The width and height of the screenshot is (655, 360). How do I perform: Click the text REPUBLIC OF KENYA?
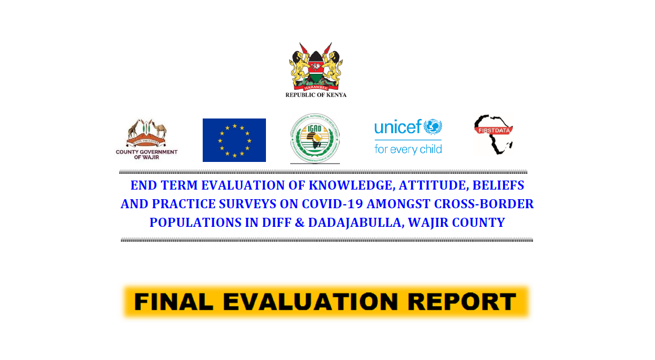coord(316,95)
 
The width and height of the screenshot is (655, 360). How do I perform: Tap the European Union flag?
coord(234,140)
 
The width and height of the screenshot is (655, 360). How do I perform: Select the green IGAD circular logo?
coord(315,138)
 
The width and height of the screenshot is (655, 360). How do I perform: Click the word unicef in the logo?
coord(398,128)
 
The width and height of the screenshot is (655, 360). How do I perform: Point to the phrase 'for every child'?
coord(408,150)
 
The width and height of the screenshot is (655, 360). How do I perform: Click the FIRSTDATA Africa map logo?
coord(494,134)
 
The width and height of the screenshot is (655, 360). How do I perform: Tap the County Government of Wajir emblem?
coord(146,133)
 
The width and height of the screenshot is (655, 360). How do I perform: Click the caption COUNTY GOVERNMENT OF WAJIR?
coord(146,154)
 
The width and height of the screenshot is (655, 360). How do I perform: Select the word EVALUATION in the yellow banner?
coord(305,302)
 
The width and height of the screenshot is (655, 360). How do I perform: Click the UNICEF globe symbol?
coord(433,126)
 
